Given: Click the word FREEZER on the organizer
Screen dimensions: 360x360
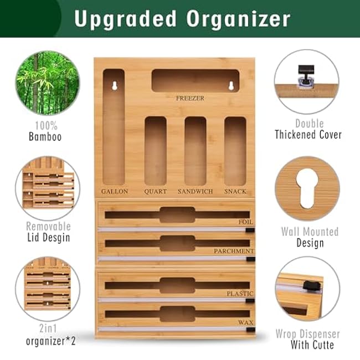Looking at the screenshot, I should tap(190, 99).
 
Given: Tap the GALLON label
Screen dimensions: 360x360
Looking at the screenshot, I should tap(115, 192).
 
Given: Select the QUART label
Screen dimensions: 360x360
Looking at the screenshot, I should tap(155, 192).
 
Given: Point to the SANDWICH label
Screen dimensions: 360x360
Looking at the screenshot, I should tap(195, 192).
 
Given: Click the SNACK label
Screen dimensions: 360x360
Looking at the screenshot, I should tap(235, 192).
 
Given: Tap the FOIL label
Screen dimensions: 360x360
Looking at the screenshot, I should tap(246, 222).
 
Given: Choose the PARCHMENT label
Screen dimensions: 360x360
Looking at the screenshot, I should tap(234, 251).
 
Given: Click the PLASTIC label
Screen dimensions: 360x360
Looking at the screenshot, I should tap(240, 294).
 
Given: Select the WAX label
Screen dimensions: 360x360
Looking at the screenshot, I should tap(246, 322).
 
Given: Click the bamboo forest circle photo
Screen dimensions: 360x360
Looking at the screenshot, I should tap(48, 83).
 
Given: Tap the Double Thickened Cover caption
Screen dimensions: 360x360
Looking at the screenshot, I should tap(308, 129).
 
